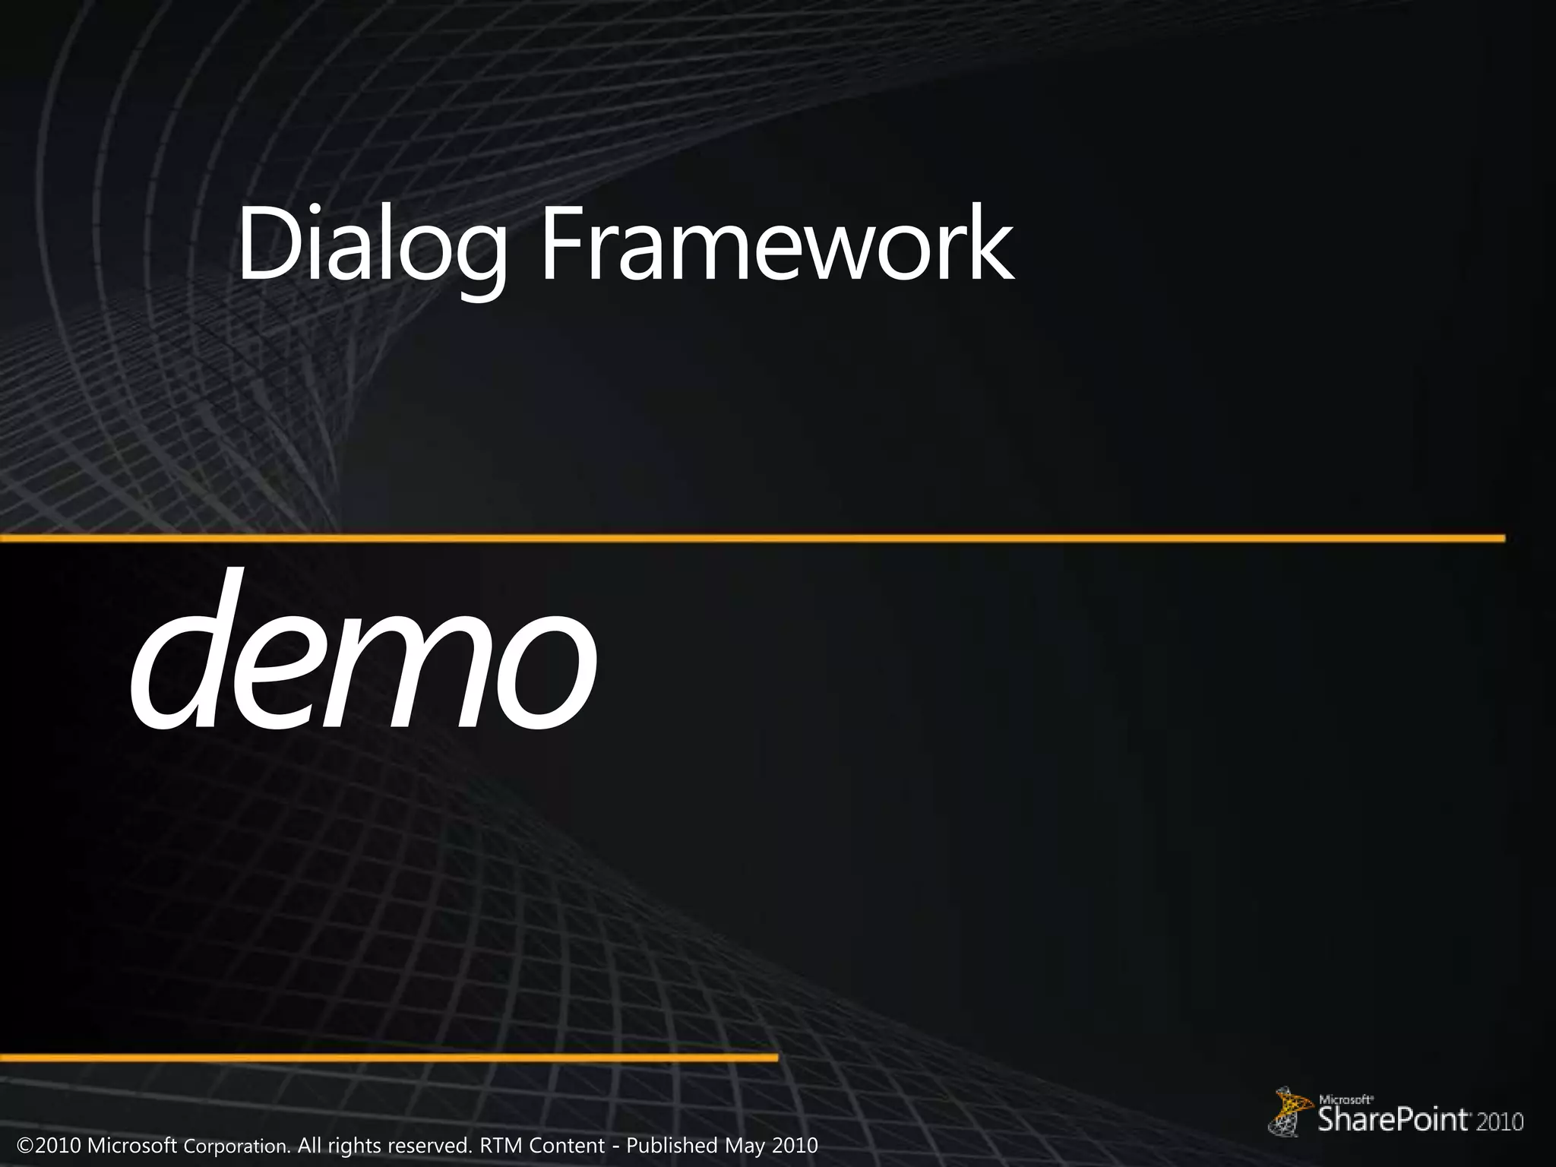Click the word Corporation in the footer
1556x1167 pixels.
[x=237, y=1146]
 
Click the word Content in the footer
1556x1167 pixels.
[x=567, y=1145]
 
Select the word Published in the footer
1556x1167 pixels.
[x=672, y=1145]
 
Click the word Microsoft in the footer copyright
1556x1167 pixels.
[x=132, y=1145]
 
